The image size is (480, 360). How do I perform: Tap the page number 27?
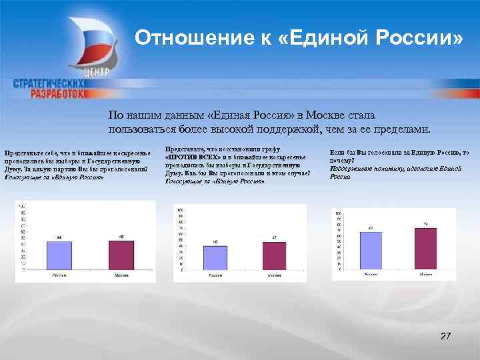(x=445, y=336)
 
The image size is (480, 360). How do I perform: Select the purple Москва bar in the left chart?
(x=121, y=253)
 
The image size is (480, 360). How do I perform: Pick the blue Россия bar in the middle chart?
(x=215, y=257)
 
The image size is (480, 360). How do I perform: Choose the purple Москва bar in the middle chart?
(x=274, y=255)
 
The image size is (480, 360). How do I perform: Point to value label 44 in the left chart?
(x=59, y=237)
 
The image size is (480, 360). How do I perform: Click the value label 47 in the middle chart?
(x=274, y=238)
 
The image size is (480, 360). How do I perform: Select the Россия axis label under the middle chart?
(x=215, y=275)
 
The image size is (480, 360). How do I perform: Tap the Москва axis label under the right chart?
(x=425, y=274)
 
